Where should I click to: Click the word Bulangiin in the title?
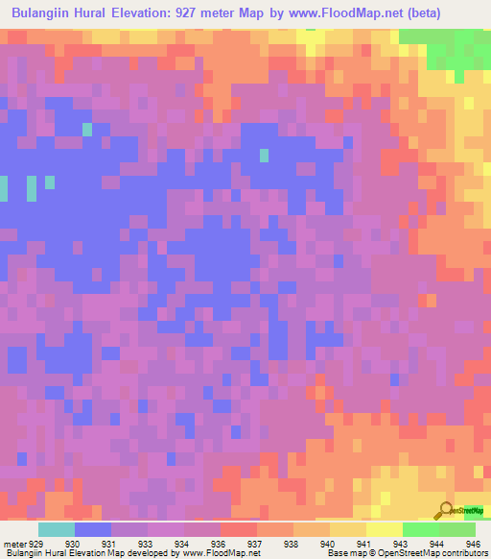[47, 13]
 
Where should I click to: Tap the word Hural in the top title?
[114, 13]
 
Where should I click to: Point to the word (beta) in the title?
[456, 13]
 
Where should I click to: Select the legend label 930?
[72, 543]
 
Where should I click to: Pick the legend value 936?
[218, 543]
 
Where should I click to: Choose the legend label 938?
[292, 543]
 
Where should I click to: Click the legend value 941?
[363, 543]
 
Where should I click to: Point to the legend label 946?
[471, 543]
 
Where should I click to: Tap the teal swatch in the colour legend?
[56, 529]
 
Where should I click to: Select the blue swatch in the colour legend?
[93, 529]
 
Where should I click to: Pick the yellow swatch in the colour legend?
[385, 529]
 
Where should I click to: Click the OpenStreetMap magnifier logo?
[446, 511]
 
